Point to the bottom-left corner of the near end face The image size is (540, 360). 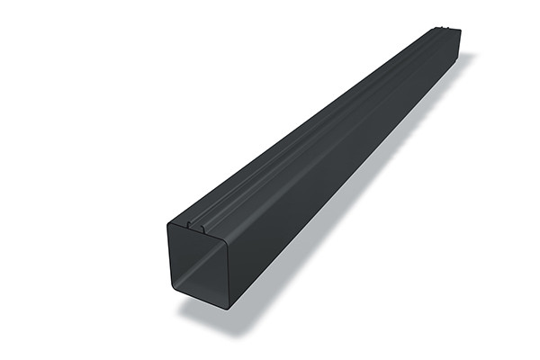point(172,289)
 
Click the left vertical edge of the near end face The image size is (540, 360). point(169,256)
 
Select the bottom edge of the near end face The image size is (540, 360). point(204,293)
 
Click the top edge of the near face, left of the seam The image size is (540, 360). point(177,221)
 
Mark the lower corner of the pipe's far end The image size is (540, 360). point(460,54)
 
